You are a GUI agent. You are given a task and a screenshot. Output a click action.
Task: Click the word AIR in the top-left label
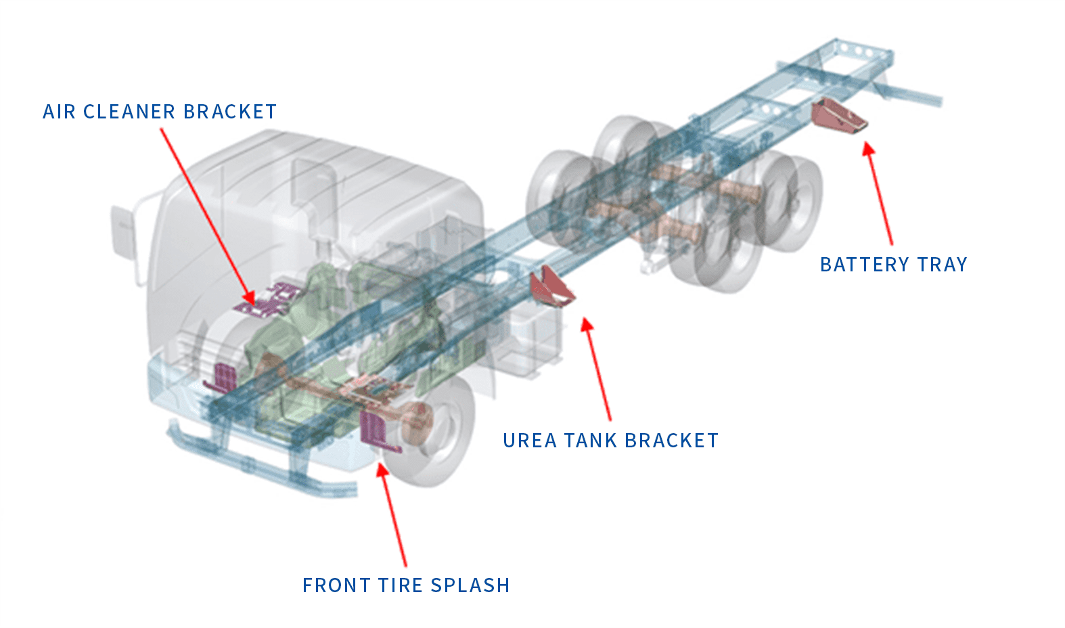point(59,112)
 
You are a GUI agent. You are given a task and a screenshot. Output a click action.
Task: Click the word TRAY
point(942,265)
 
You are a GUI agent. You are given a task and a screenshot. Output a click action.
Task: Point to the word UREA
point(529,441)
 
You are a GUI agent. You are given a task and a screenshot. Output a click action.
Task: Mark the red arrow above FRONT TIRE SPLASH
point(393,514)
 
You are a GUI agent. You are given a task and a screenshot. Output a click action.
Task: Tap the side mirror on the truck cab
point(124,230)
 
